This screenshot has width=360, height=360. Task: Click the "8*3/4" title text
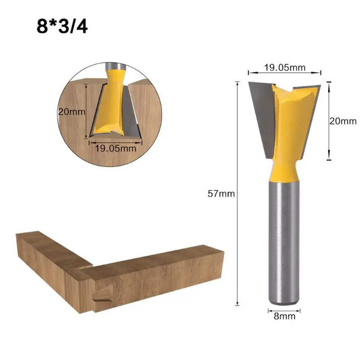62,26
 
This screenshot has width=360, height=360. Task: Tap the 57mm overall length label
221,194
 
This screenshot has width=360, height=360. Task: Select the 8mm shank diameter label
284,316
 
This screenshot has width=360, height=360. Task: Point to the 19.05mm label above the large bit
284,67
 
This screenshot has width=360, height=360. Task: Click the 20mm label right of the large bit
343,121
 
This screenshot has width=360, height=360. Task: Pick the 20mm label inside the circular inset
72,112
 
